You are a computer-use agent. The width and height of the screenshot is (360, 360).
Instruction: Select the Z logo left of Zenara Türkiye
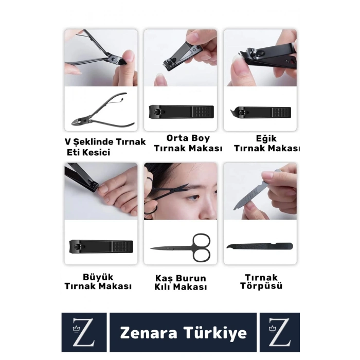tap(84, 333)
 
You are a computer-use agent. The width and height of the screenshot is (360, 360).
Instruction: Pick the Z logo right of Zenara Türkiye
tap(279, 333)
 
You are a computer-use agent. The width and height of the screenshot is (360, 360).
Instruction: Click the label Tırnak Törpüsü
tap(261, 282)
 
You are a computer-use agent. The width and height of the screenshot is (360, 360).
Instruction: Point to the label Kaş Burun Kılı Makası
tap(181, 283)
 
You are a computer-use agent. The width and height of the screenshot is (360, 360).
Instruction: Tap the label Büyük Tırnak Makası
tap(98, 281)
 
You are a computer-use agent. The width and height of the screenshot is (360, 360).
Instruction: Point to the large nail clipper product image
tap(100, 246)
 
